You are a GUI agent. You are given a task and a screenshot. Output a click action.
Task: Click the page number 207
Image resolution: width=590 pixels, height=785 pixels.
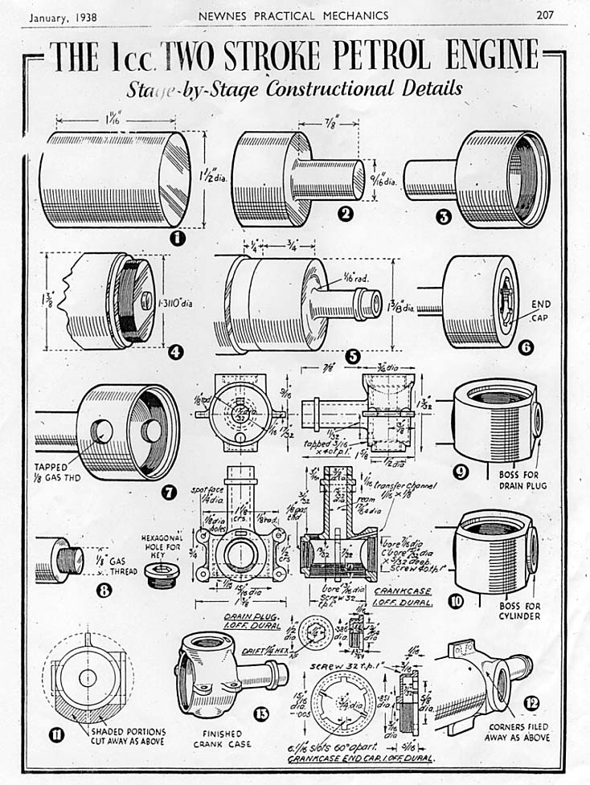pos(550,14)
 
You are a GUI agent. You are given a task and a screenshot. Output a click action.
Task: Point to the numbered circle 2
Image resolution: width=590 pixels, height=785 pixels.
pos(346,214)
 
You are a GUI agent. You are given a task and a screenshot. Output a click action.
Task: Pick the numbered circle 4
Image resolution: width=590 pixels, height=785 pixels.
pos(177,351)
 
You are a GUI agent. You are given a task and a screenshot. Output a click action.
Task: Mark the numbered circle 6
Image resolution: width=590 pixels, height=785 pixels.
pos(526,349)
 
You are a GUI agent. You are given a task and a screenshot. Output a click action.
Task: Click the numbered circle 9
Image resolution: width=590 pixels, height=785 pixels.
pos(462,472)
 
